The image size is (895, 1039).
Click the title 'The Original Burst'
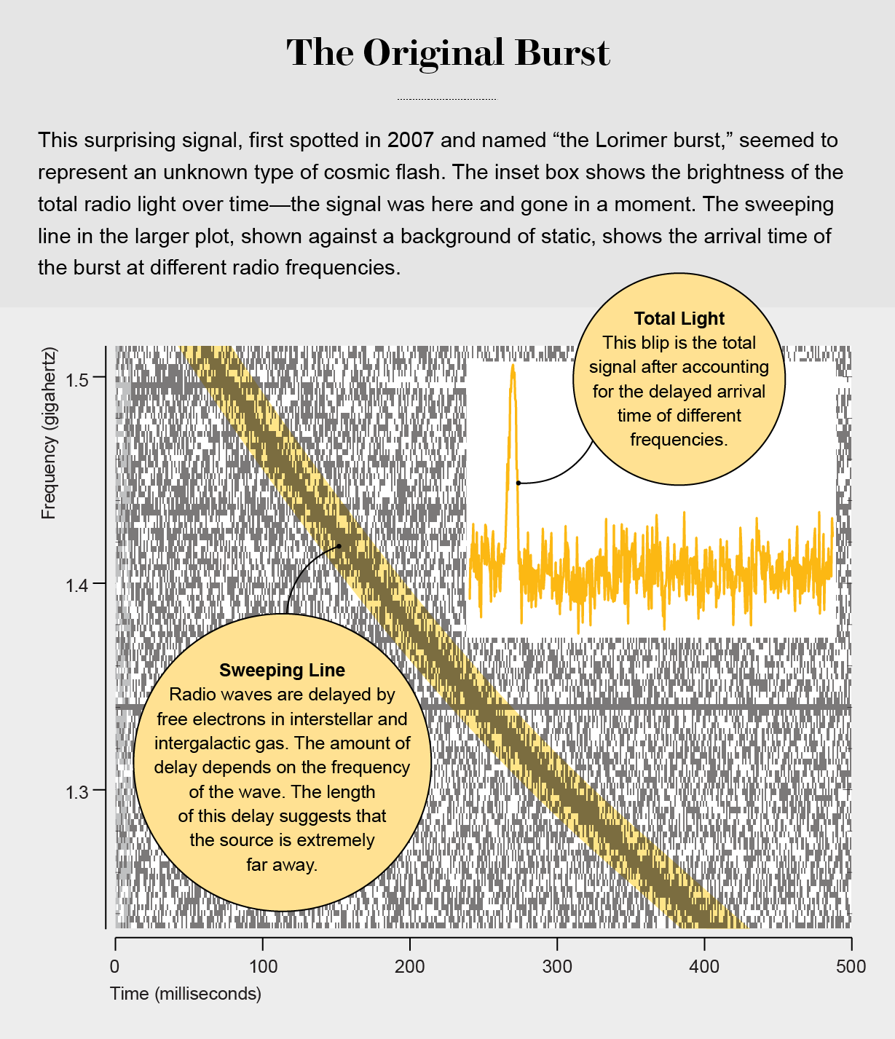447,53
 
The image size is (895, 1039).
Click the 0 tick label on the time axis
115,967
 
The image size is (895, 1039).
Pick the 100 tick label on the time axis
263,967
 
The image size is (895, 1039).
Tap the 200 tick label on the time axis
410,967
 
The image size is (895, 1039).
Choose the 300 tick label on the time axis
557,967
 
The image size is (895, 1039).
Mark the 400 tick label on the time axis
704,967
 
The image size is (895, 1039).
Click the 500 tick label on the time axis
851,967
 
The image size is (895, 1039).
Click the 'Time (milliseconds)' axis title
186,994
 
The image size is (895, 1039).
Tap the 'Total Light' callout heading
679,319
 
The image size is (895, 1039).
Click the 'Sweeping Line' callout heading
282,671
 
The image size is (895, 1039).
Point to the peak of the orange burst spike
513,366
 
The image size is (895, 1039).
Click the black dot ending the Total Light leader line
519,483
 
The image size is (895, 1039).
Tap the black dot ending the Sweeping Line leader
339,546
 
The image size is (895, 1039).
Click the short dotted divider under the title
446,99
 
